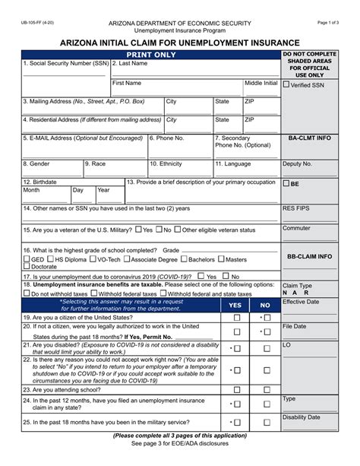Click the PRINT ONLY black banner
tap(150, 55)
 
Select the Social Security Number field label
tap(65, 64)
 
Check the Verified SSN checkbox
tap(287, 84)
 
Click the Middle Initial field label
tap(261, 83)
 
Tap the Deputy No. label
tap(297, 163)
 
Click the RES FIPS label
tap(296, 206)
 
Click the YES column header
tap(235, 304)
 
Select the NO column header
tap(265, 304)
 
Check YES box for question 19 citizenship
tap(236, 318)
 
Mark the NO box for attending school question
tap(267, 388)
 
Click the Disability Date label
tap(302, 417)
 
